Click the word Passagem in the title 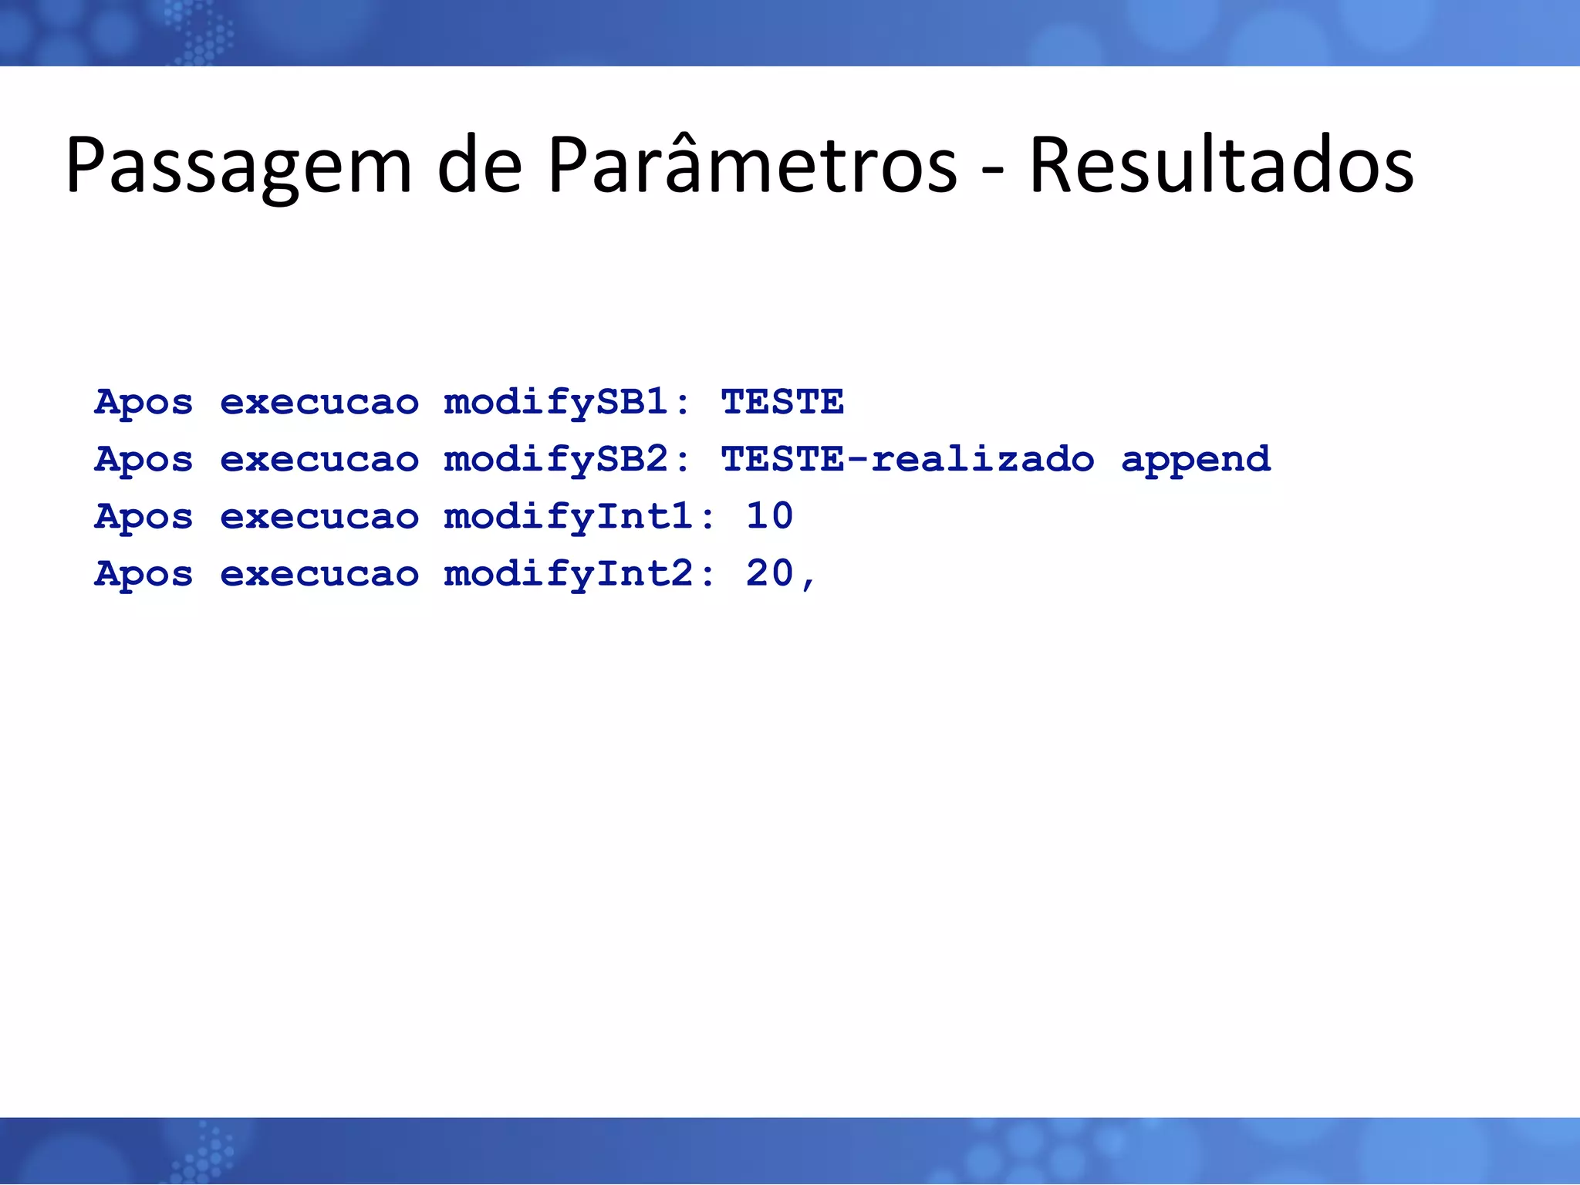click(x=239, y=166)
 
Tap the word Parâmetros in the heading click(x=752, y=164)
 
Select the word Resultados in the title click(x=1221, y=164)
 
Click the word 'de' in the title click(x=480, y=164)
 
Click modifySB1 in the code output click(x=555, y=403)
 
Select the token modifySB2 click(x=555, y=460)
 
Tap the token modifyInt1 click(x=569, y=517)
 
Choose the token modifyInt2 click(x=569, y=574)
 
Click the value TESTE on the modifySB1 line click(x=782, y=403)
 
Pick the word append click(x=1195, y=460)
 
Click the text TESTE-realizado click(x=907, y=460)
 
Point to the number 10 click(x=769, y=515)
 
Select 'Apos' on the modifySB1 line click(x=143, y=403)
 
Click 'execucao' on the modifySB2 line click(x=319, y=460)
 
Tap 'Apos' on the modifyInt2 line click(x=143, y=574)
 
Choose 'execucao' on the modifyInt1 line click(x=319, y=517)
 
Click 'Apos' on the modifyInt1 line click(x=143, y=517)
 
